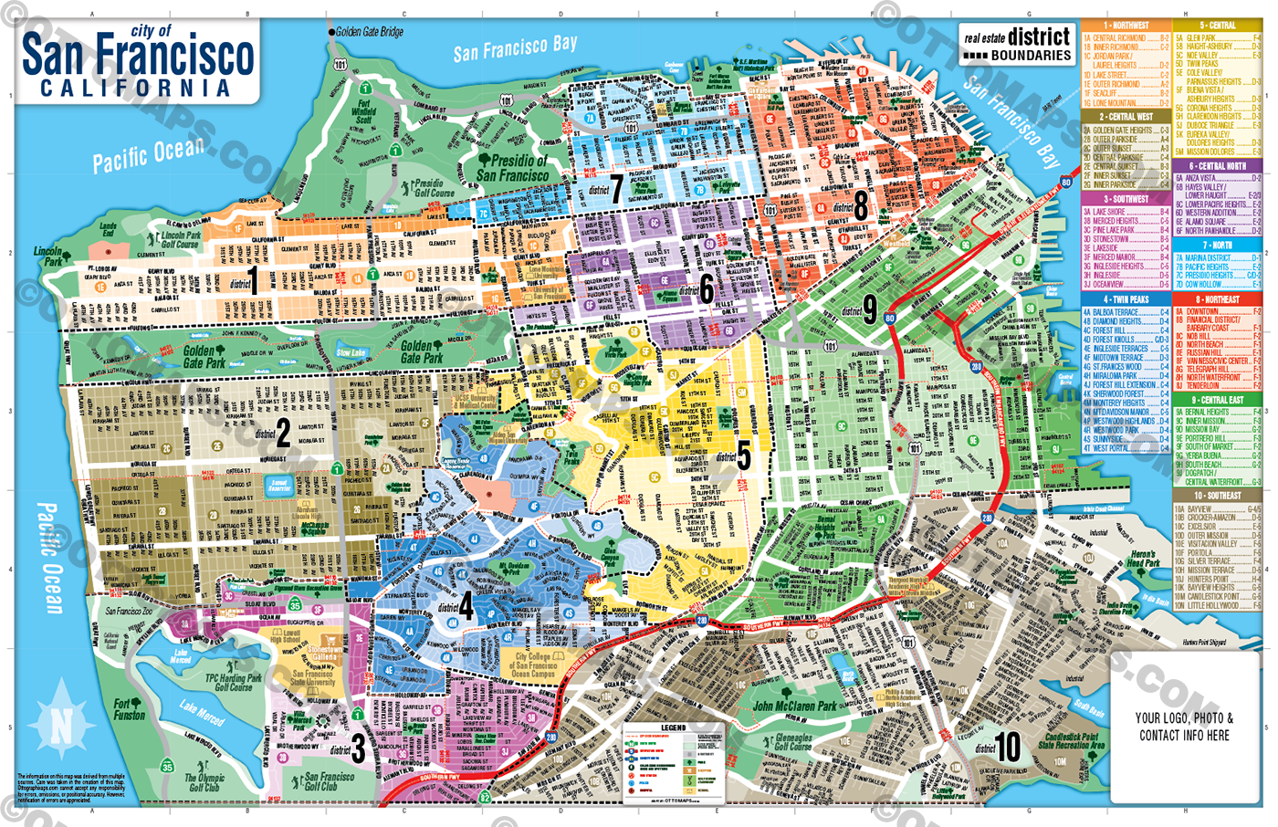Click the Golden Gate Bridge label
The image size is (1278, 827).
point(369,32)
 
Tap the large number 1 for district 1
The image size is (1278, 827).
point(253,280)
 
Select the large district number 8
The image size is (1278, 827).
point(860,205)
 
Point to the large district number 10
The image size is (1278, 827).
point(1007,747)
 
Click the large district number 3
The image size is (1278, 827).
point(359,749)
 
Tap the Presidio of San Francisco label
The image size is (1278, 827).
point(512,167)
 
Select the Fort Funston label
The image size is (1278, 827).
point(129,709)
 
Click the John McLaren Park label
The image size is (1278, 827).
point(794,706)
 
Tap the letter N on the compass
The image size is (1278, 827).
point(61,727)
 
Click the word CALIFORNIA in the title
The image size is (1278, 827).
point(136,89)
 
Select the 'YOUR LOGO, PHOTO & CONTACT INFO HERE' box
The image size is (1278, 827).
point(1184,727)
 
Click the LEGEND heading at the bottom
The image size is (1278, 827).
point(673,728)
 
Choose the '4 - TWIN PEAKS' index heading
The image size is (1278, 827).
point(1126,299)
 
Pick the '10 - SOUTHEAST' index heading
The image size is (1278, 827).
point(1218,496)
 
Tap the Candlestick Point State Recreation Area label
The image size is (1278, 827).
point(1074,740)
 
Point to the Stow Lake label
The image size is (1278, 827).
point(351,352)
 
